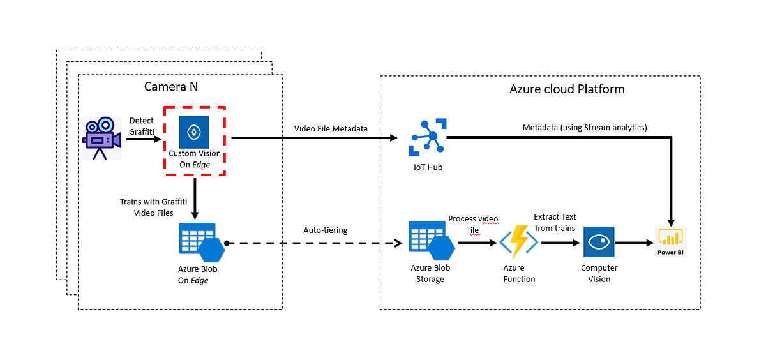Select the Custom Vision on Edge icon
[x=194, y=132]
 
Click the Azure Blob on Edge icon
[x=198, y=243]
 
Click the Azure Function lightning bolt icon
[x=519, y=243]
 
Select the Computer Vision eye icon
[x=599, y=243]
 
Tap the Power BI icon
[x=670, y=241]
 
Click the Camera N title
[x=170, y=87]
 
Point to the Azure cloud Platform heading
[x=567, y=89]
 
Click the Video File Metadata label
[x=331, y=128]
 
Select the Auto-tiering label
[x=326, y=230]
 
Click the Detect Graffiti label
[x=142, y=126]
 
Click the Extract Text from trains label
[x=555, y=223]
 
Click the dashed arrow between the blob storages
[x=313, y=243]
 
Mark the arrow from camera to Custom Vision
[x=142, y=137]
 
